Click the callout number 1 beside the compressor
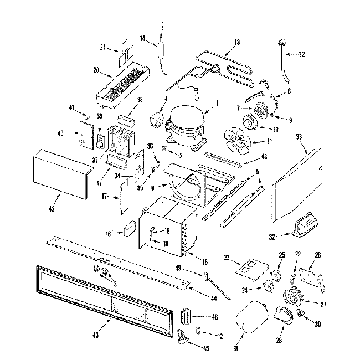point(217,102)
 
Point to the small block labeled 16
point(131,229)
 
